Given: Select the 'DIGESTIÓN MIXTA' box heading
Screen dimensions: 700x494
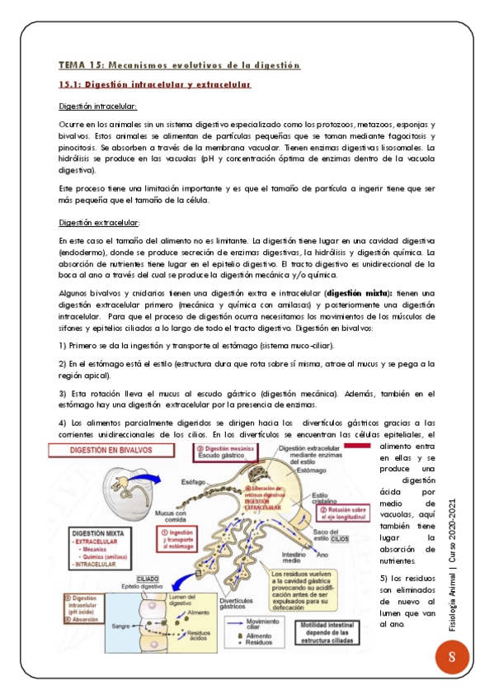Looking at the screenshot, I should [99, 532].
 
